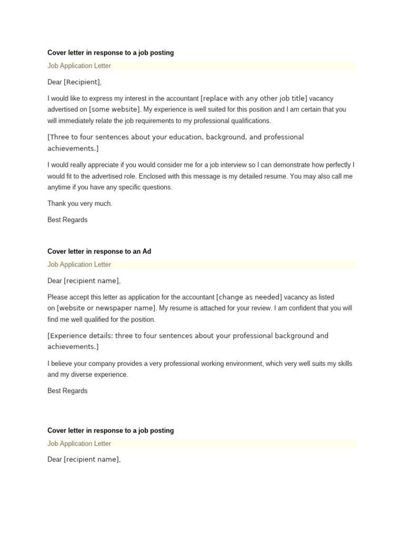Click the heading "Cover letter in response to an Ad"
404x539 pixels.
tap(99, 252)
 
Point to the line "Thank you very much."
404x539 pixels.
tap(80, 204)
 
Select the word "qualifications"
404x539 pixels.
tap(249, 121)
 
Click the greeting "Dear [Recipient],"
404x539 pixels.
tap(75, 82)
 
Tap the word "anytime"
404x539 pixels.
tap(59, 187)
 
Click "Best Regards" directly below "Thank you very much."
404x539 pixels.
tap(67, 220)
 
